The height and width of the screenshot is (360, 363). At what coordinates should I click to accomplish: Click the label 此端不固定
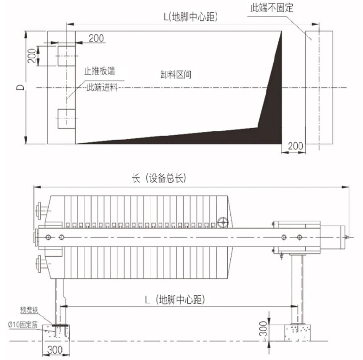(272, 8)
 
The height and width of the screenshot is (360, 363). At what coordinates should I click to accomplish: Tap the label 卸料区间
(176, 75)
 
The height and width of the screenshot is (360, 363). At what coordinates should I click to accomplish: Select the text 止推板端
(100, 71)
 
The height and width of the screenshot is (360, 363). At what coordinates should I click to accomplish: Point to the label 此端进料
(102, 88)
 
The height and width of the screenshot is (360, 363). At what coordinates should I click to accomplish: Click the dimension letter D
(20, 87)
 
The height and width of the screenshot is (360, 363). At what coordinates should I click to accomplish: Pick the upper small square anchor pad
(66, 56)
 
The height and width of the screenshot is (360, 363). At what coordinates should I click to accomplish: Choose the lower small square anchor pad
(66, 118)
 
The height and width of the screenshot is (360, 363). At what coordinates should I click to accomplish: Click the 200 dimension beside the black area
(295, 146)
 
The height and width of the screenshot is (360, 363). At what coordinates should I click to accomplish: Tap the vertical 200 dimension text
(32, 56)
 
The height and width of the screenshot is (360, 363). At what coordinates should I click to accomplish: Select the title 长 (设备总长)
(159, 178)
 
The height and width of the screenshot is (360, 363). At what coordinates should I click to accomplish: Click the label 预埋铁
(29, 310)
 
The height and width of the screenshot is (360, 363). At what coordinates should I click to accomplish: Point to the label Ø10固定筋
(23, 324)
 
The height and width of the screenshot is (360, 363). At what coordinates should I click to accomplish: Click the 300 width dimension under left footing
(55, 350)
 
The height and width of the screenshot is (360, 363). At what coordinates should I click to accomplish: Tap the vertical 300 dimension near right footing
(263, 329)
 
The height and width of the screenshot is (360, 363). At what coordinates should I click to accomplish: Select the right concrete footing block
(297, 333)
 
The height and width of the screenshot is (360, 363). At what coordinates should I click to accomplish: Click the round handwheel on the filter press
(223, 222)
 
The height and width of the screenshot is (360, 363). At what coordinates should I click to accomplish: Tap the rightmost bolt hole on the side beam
(299, 237)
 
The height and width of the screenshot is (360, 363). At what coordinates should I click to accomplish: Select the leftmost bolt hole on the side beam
(48, 237)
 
